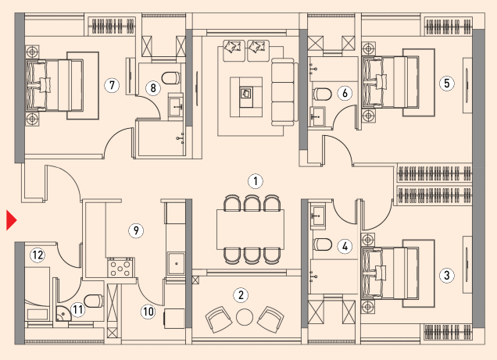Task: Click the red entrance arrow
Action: click(11, 220)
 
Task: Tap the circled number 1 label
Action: click(256, 181)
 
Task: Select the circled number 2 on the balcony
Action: click(241, 295)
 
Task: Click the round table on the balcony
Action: click(245, 317)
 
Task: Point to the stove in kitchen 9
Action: click(120, 267)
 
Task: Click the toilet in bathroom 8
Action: click(171, 78)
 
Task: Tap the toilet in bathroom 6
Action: click(322, 94)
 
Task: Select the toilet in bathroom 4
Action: click(323, 244)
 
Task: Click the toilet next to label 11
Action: click(94, 301)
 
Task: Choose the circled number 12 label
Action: click(38, 255)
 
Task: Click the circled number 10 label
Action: click(148, 312)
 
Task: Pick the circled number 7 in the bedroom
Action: click(112, 85)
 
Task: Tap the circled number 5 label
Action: click(447, 84)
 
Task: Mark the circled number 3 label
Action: click(447, 275)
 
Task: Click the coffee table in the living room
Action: click(246, 97)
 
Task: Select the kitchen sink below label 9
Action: click(177, 263)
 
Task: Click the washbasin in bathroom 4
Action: click(317, 216)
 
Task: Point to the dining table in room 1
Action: click(250, 230)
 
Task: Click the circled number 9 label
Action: click(136, 230)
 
